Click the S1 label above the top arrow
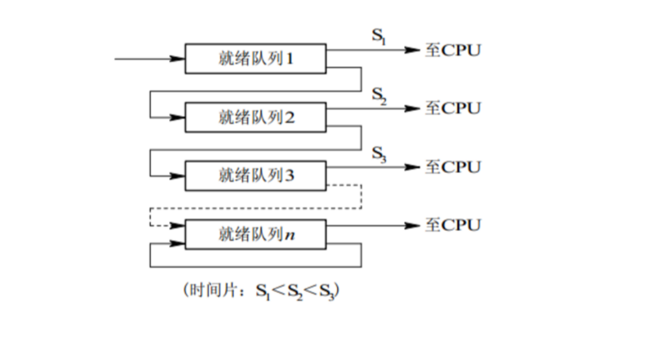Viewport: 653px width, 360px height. [380, 38]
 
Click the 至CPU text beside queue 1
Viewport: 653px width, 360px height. [454, 50]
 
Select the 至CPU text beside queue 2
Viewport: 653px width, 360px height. [454, 108]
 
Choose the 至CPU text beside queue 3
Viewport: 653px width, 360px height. [454, 167]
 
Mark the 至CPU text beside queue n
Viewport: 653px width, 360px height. [454, 224]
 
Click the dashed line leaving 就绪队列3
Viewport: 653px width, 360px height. [359, 196]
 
